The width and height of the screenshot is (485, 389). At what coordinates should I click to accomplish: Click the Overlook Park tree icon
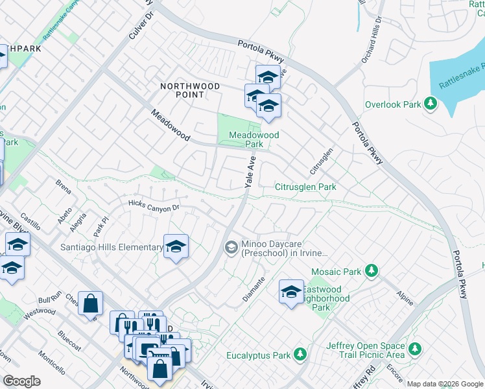(x=429, y=104)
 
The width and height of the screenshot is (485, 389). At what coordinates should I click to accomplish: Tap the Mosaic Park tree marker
(x=371, y=270)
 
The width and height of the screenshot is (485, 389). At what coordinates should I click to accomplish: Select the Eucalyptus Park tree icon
(x=299, y=355)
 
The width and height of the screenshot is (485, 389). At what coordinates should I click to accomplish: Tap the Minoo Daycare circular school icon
(x=231, y=247)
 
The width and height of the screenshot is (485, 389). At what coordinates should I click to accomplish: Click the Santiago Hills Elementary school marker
(x=175, y=247)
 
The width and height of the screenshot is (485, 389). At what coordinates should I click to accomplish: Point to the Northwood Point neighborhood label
(x=182, y=89)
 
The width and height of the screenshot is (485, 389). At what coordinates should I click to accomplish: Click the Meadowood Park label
(x=254, y=139)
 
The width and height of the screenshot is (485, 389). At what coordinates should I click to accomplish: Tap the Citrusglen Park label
(x=306, y=187)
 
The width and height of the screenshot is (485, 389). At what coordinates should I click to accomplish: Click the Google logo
(x=21, y=381)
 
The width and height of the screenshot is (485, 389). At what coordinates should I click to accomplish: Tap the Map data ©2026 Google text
(x=445, y=384)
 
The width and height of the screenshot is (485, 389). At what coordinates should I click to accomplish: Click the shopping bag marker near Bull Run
(x=90, y=303)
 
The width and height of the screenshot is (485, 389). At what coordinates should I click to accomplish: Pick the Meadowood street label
(x=170, y=126)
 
